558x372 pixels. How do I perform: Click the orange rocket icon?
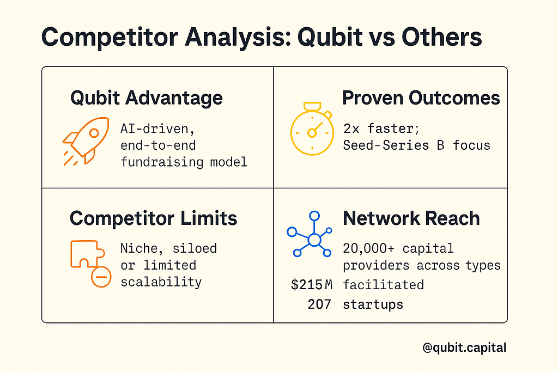[86, 141]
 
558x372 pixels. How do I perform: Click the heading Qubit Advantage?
[146, 98]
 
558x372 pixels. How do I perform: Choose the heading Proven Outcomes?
[421, 98]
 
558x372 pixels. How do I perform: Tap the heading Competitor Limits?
[153, 218]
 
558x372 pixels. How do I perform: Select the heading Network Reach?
[411, 218]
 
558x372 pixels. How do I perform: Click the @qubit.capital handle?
[464, 347]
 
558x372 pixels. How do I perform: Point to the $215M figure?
[311, 284]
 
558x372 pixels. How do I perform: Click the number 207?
[319, 304]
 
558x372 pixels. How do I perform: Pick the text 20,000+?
[369, 248]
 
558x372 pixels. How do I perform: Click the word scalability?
[161, 282]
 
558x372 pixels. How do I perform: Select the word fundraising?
[162, 162]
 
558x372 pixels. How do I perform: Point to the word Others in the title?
[441, 37]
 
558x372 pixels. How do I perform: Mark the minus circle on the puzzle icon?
[101, 277]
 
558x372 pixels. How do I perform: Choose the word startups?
[373, 305]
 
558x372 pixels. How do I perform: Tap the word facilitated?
[383, 285]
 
